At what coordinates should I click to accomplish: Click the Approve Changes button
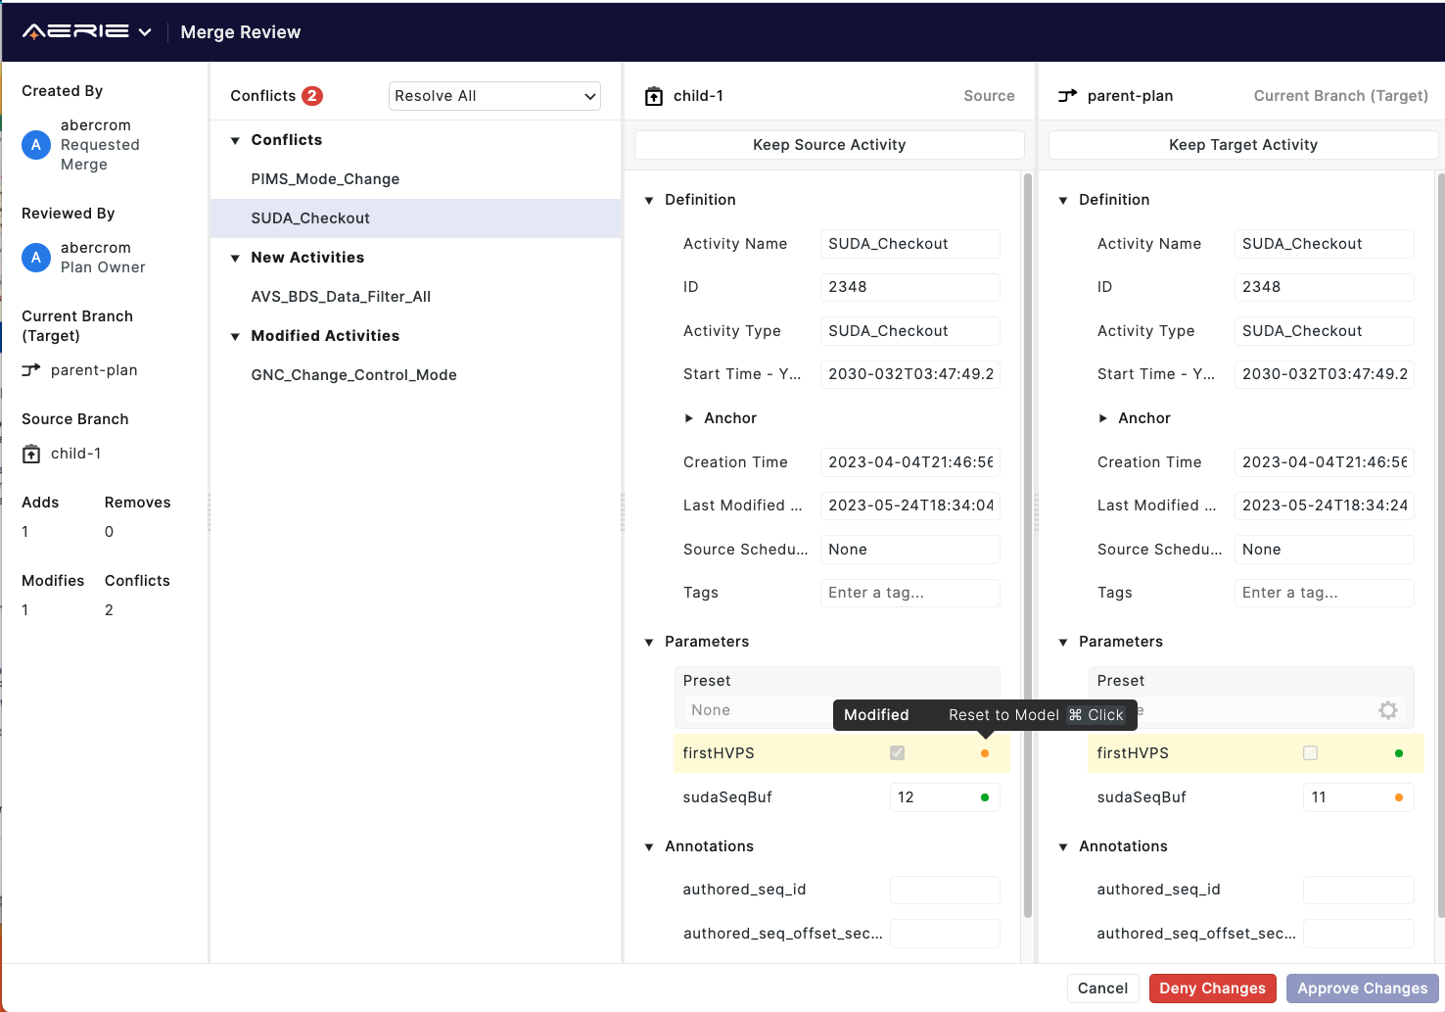1362,988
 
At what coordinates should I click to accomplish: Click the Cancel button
1102,988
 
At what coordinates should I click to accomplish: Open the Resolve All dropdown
494,96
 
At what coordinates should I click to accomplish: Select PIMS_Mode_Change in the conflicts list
325,179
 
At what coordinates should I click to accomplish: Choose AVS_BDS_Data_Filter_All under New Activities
341,297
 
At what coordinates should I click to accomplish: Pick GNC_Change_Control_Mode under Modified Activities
353,375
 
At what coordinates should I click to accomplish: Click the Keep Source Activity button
829,145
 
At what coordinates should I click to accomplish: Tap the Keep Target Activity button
1242,145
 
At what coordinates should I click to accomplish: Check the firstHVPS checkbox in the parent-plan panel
1310,753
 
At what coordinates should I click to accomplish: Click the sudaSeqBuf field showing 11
1346,797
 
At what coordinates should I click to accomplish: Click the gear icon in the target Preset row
1387,710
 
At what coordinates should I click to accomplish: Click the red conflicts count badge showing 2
311,96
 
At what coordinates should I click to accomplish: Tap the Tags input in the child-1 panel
909,593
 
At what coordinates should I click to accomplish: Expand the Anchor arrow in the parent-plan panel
1103,418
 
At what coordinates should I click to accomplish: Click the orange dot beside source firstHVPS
985,753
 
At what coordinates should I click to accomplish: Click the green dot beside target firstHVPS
1399,753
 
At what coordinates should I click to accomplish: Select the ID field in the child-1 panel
909,287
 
